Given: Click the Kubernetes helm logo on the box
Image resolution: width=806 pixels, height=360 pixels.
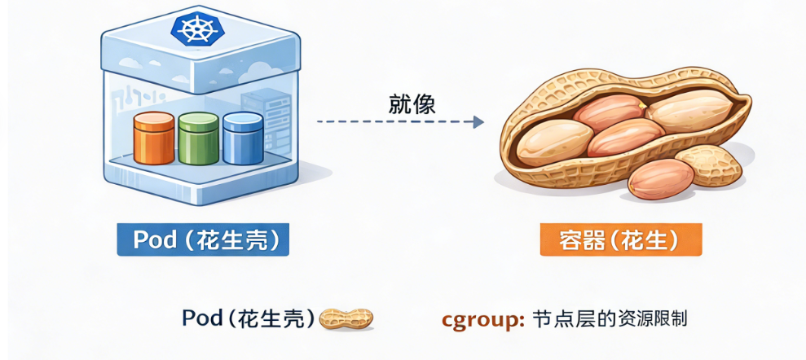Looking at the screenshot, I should (x=196, y=30).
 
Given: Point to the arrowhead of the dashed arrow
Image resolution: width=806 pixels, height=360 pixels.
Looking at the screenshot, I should (x=478, y=122).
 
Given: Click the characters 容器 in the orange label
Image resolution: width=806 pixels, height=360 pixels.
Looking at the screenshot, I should (x=579, y=239).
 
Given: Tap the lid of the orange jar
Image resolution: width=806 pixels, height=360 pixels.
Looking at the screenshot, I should (x=153, y=120).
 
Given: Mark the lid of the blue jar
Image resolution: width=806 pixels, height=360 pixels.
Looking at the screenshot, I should (x=242, y=119).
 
